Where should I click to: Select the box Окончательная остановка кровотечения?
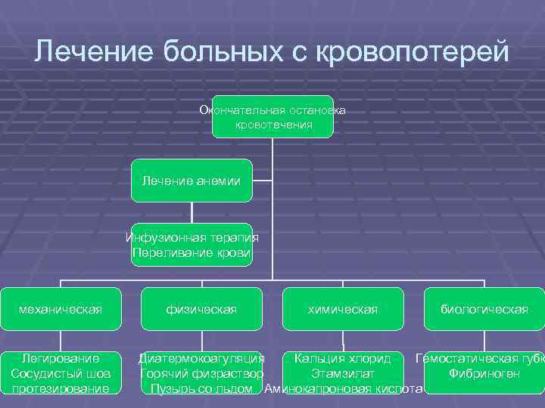(272, 117)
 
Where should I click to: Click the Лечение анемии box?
(192, 181)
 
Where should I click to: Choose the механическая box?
(61, 309)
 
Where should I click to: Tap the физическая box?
(202, 309)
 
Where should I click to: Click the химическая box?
(343, 309)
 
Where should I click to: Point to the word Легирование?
(61, 358)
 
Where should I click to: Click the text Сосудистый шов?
(61, 373)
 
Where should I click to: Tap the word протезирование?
(61, 388)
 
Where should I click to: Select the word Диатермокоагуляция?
(201, 358)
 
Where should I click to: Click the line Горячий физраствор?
(201, 373)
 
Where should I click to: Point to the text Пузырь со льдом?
(201, 388)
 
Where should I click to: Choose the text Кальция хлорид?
(343, 358)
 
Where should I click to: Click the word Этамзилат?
(343, 373)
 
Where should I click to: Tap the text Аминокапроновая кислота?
(343, 388)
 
